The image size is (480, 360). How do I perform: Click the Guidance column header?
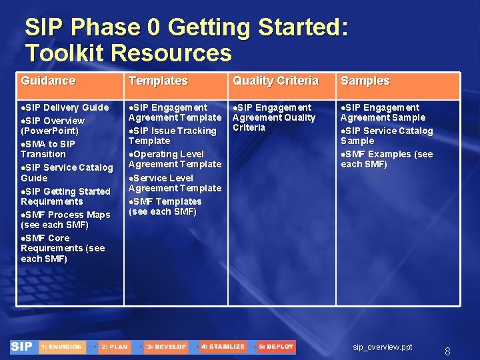(48, 81)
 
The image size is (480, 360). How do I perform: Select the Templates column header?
(158, 81)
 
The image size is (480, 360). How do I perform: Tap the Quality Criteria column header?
(275, 81)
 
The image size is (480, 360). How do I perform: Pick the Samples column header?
(365, 81)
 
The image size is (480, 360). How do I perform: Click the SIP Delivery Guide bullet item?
(65, 107)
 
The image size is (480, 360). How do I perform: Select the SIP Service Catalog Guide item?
(67, 173)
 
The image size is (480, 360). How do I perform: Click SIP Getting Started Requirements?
(65, 196)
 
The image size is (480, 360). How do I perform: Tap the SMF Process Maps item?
(65, 219)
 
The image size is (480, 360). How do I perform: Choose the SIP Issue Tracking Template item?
(172, 136)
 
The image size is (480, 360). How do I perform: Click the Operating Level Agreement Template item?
(175, 159)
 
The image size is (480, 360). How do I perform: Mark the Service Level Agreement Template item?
(175, 183)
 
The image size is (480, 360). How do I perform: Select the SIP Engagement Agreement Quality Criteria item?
(273, 117)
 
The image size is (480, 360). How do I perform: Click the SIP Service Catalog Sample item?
(387, 136)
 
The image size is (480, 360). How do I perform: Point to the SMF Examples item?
(387, 159)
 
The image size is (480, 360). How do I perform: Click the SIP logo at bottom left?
(22, 347)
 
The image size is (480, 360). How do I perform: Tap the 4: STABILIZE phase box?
(223, 347)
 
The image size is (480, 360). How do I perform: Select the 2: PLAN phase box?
(115, 347)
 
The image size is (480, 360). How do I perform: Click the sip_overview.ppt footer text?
(383, 347)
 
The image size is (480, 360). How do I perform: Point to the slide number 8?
(447, 351)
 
